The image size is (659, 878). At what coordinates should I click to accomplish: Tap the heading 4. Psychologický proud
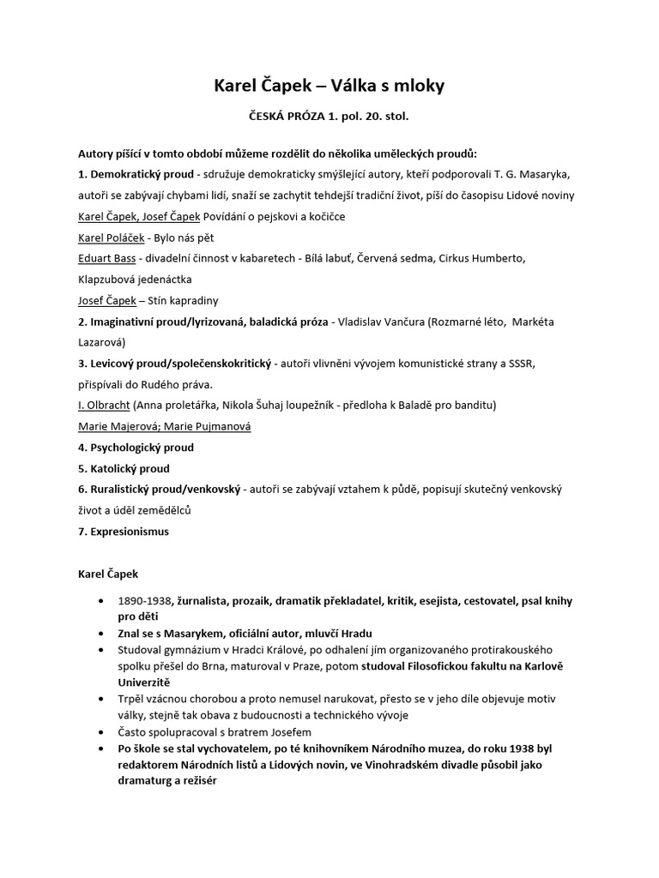(x=136, y=448)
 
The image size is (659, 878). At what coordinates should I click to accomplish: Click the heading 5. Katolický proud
(x=124, y=468)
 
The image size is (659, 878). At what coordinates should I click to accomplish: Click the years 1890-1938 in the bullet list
(x=146, y=600)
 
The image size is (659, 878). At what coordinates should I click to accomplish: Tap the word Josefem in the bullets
(x=287, y=731)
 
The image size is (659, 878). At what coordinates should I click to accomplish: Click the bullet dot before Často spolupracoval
(x=103, y=731)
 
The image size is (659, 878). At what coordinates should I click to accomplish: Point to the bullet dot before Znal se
(x=103, y=632)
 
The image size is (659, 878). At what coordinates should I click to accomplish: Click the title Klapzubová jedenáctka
(x=135, y=280)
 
